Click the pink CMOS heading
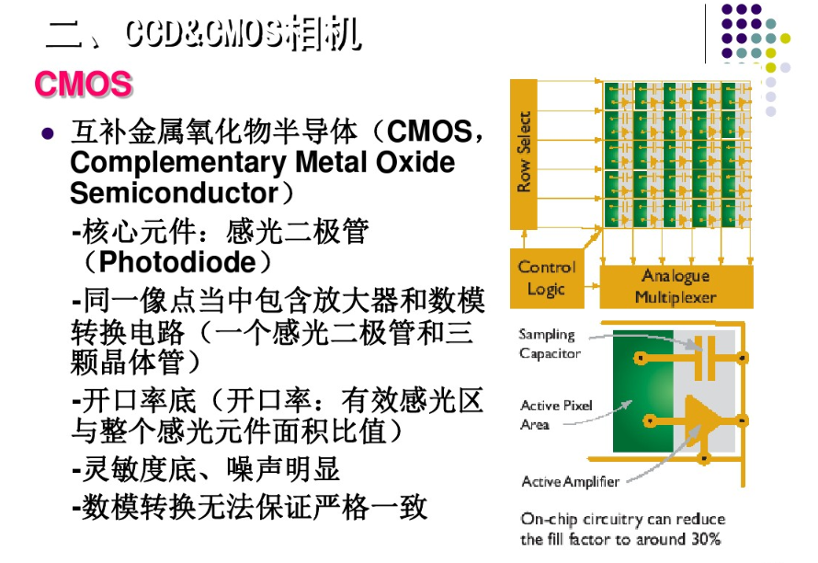(x=84, y=85)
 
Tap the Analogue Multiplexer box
(x=676, y=287)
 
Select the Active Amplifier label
(x=570, y=481)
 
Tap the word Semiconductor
(x=174, y=193)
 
